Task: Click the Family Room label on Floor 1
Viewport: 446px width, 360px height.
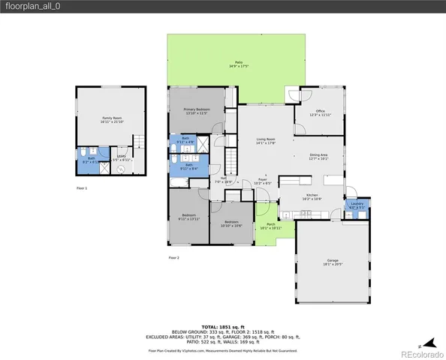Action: coord(111,120)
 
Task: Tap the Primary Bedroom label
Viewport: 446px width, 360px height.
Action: coord(197,111)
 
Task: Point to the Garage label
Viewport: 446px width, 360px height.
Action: coord(333,262)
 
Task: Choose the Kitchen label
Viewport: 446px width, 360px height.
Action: coord(311,197)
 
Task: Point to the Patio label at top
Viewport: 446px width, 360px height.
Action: coord(238,64)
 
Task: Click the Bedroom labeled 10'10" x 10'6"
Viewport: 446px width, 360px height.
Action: coord(231,223)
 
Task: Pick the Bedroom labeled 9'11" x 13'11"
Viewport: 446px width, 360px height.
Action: coord(188,218)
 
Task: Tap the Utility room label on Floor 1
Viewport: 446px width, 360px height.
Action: coord(121,158)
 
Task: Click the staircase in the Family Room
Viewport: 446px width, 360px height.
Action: coord(137,142)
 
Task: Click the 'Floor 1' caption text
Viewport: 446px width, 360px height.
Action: coord(82,187)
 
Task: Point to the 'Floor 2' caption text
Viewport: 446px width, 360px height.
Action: coord(174,257)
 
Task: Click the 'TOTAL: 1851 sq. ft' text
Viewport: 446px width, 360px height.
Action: coord(222,326)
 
